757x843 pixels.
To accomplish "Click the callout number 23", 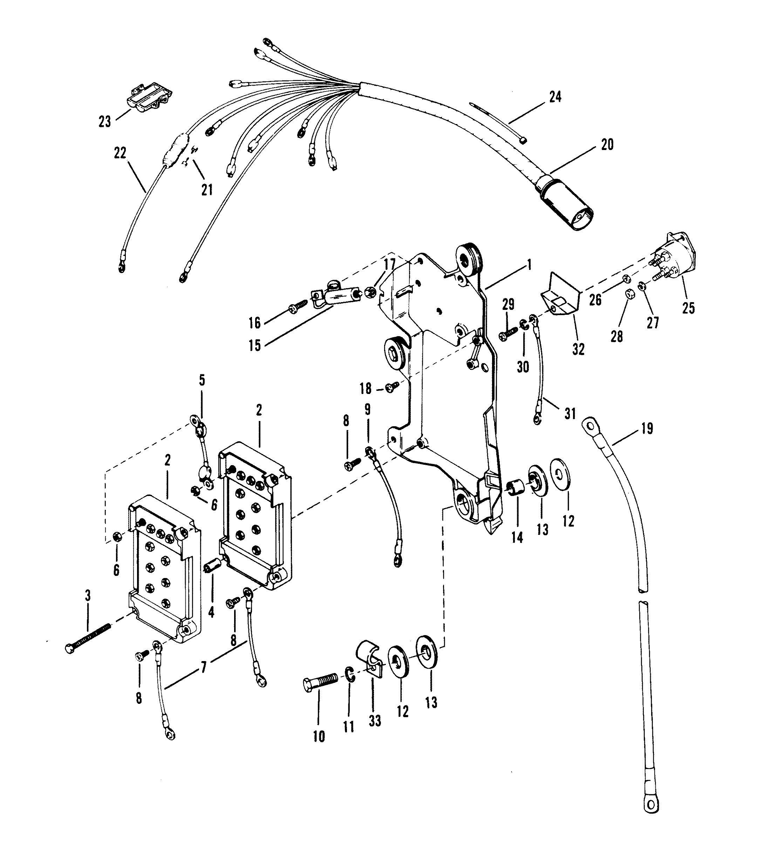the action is (x=105, y=122).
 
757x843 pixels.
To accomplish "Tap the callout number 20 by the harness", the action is (x=607, y=144).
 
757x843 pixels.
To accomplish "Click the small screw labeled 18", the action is (x=392, y=387).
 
